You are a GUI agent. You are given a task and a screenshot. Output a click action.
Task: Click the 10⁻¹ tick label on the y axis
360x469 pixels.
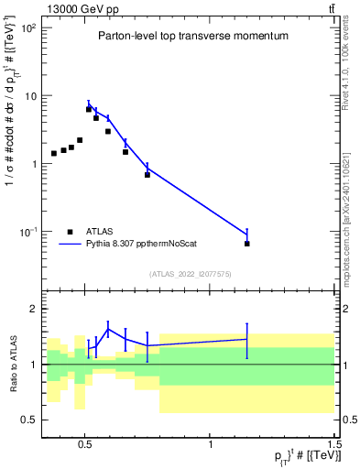[x=27, y=232]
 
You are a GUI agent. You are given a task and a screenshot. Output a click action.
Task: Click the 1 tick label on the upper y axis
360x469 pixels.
[x=33, y=164]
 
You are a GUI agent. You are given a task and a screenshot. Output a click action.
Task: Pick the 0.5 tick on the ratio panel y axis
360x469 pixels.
[x=30, y=420]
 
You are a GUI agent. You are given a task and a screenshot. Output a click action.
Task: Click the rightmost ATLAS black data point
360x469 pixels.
[x=247, y=244]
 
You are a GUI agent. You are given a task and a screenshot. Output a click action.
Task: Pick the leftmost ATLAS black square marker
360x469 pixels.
[x=54, y=153]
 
